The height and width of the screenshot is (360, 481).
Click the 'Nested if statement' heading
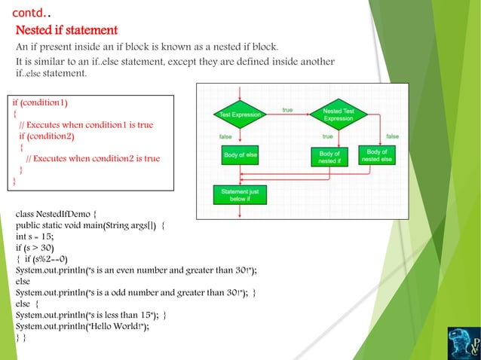(67, 31)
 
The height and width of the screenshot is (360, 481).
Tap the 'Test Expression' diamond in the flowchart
(240, 114)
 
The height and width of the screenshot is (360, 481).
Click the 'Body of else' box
(240, 154)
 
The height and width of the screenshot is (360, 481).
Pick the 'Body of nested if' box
(329, 156)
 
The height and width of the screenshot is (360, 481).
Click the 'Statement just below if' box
(240, 195)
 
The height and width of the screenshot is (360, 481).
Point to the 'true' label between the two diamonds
(287, 110)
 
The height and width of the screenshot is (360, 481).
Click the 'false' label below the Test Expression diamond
(225, 136)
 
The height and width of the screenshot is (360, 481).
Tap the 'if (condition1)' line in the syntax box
(44, 102)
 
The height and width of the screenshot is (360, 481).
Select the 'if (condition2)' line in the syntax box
(47, 136)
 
